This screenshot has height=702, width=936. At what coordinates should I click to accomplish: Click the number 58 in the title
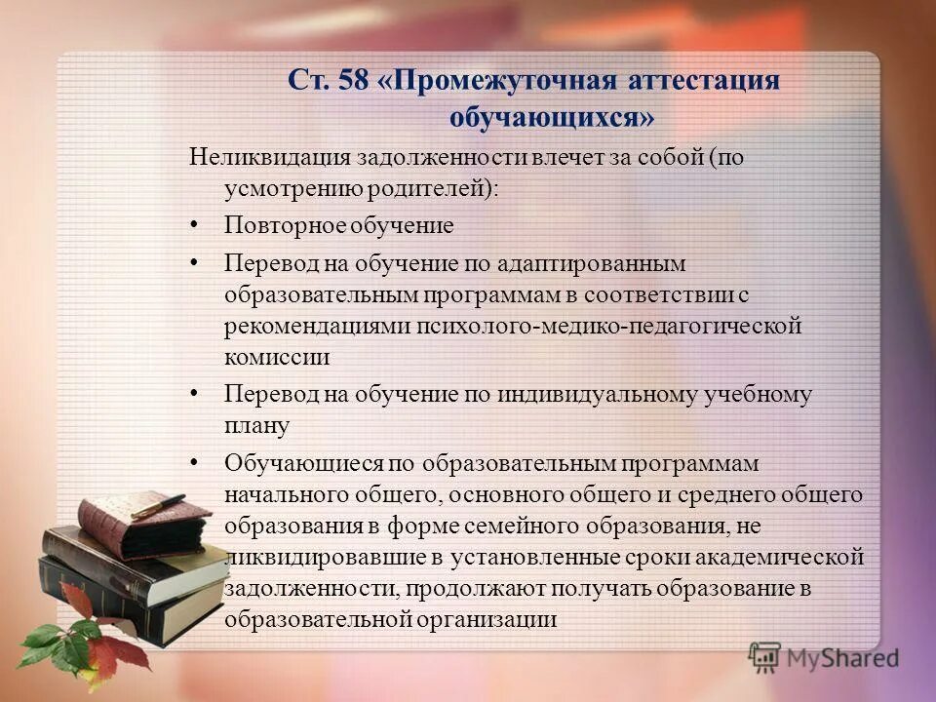tap(352, 81)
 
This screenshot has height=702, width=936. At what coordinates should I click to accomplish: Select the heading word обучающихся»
tap(551, 118)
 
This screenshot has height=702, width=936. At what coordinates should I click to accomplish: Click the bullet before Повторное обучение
tap(194, 224)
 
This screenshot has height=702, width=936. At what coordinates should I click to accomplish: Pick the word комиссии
tap(277, 357)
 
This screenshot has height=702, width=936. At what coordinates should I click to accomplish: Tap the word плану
tap(257, 425)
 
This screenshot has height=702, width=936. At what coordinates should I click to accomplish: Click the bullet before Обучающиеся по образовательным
tap(194, 461)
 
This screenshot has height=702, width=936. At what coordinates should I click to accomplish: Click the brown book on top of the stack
tap(146, 526)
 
